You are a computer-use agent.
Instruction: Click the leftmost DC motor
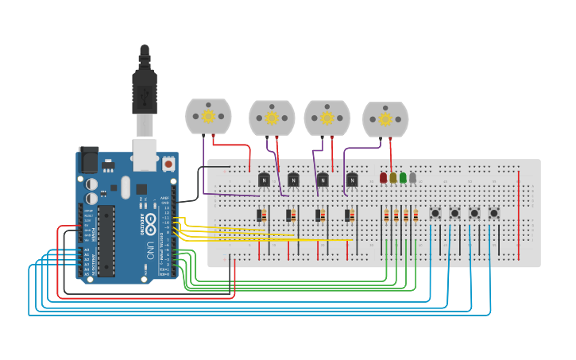tap(208, 116)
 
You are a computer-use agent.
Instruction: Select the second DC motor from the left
tap(272, 118)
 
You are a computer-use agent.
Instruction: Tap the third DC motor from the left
tap(327, 118)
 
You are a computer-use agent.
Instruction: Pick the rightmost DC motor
tap(385, 119)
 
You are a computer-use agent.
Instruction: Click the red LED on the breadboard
tap(383, 178)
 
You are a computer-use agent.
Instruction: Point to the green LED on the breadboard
tap(403, 178)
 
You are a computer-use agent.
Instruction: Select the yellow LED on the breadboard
tap(392, 178)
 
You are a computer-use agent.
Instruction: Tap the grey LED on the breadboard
tap(412, 178)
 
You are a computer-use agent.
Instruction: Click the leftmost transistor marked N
tap(264, 180)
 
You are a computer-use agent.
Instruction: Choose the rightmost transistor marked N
tap(352, 180)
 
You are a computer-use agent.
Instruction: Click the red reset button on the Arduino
tap(168, 165)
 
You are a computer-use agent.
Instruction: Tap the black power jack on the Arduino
tap(87, 160)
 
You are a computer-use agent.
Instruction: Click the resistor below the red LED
tap(387, 215)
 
